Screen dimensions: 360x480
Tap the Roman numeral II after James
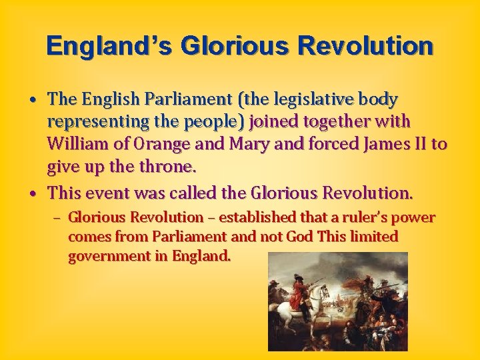pos(421,144)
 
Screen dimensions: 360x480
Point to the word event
pos(107,193)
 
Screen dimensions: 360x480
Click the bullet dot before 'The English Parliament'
pos(32,101)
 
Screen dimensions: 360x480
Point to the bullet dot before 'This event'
pos(32,194)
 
